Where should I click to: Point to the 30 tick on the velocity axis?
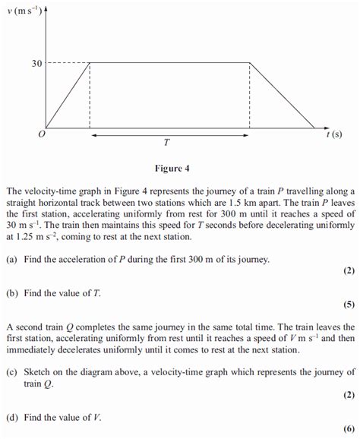(36, 63)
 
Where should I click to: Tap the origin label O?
(41, 134)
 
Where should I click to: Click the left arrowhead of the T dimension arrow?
(93, 134)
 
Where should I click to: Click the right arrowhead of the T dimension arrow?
(247, 134)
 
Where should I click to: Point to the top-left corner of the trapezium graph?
(90, 63)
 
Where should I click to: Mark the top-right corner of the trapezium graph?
(250, 63)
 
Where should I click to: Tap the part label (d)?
(11, 417)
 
